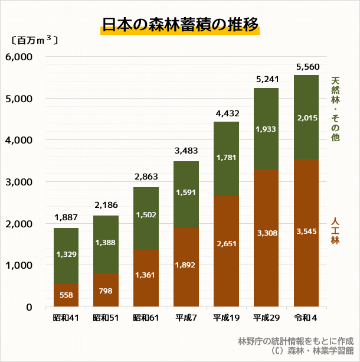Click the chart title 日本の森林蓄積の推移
pos(179,25)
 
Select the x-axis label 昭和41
pos(66,319)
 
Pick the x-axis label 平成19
pos(226,319)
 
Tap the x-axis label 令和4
pos(306,319)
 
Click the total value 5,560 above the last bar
pos(306,67)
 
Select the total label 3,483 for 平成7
pos(186,152)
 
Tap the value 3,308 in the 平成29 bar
pos(266,234)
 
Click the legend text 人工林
pos(335,231)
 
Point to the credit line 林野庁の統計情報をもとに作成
pos(294,341)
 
